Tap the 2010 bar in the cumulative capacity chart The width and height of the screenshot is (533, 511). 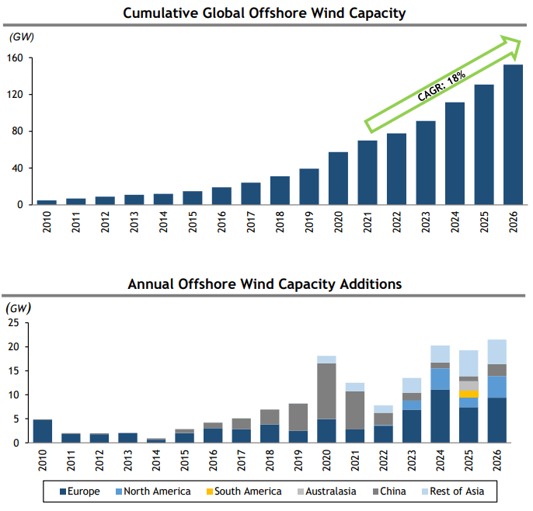click(47, 202)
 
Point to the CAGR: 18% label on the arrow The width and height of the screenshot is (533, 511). click(441, 86)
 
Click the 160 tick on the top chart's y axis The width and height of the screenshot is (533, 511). click(16, 58)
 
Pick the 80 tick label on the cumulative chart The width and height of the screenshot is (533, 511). click(19, 131)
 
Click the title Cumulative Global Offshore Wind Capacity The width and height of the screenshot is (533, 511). click(265, 13)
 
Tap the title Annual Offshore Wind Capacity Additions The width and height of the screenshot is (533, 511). click(265, 283)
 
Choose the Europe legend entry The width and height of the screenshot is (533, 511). click(81, 492)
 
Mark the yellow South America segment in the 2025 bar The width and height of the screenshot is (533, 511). click(469, 394)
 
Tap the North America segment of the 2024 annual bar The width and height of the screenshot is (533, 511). click(440, 379)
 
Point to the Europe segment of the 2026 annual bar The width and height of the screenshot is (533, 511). click(498, 420)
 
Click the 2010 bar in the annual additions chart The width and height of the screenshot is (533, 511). click(43, 431)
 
